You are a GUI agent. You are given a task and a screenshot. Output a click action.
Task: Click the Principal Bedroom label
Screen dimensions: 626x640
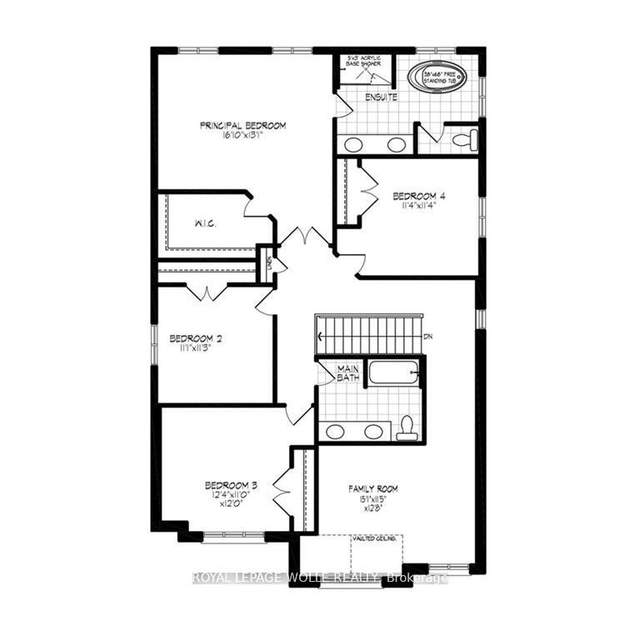[242, 126]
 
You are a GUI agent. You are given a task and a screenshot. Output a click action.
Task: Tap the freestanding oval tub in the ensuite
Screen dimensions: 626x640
[437, 77]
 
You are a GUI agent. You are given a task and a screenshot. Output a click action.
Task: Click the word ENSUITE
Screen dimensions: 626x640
[381, 98]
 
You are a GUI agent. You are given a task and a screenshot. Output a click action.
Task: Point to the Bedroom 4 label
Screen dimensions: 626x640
[419, 197]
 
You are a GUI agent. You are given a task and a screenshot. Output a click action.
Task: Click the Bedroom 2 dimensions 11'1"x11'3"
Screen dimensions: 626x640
[195, 350]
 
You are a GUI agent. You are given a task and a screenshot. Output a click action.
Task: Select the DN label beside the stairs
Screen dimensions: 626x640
[428, 337]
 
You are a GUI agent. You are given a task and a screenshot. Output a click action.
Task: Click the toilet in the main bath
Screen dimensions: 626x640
[407, 426]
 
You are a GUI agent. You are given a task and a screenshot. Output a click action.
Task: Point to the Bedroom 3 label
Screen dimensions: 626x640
[230, 485]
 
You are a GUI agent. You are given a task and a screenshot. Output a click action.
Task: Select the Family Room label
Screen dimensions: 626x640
[372, 488]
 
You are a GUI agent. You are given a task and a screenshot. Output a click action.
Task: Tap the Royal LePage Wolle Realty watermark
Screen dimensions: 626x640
[320, 578]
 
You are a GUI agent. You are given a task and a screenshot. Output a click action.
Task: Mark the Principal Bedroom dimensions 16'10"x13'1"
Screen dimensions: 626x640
[242, 137]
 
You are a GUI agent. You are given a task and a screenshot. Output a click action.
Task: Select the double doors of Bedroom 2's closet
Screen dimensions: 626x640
[206, 293]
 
